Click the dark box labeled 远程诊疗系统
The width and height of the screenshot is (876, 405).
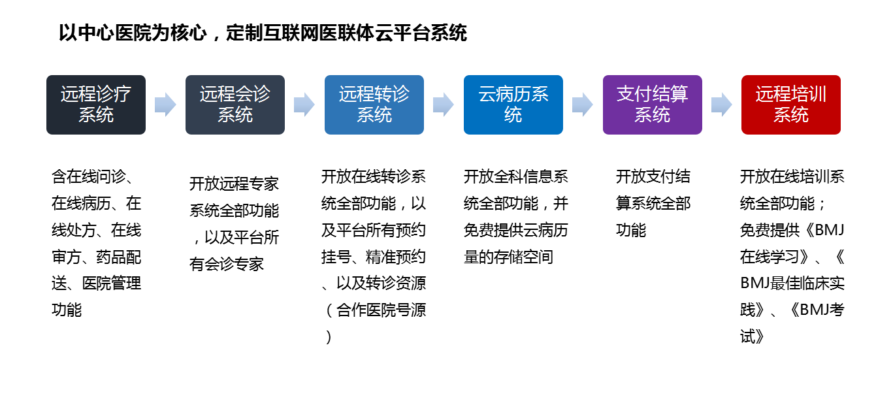(x=96, y=105)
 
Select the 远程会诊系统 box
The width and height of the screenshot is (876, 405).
(x=235, y=105)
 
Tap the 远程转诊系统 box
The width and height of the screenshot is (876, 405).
(x=374, y=105)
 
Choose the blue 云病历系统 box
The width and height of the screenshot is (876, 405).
(x=513, y=105)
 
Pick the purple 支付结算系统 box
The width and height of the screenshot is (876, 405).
(x=653, y=105)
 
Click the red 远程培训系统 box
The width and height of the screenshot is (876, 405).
(x=790, y=105)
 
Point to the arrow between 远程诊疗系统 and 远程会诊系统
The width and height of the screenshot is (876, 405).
(x=165, y=105)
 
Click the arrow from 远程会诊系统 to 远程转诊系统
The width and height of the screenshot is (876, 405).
(x=304, y=105)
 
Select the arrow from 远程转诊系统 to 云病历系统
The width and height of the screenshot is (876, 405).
(x=444, y=105)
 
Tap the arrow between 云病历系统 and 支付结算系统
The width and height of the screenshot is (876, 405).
(x=583, y=105)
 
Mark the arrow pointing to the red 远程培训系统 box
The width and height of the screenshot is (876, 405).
(x=722, y=105)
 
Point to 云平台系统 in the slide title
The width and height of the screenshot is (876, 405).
(x=421, y=33)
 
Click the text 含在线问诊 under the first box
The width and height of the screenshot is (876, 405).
(x=89, y=177)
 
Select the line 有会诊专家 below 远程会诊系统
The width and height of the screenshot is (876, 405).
(x=227, y=265)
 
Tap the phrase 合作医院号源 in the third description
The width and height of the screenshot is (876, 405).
(x=381, y=310)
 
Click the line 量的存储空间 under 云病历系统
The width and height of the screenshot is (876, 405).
(x=508, y=257)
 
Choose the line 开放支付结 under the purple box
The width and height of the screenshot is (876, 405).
(x=653, y=177)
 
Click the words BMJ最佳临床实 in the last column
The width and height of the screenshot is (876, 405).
(x=792, y=283)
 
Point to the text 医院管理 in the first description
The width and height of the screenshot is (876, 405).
(x=112, y=283)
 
